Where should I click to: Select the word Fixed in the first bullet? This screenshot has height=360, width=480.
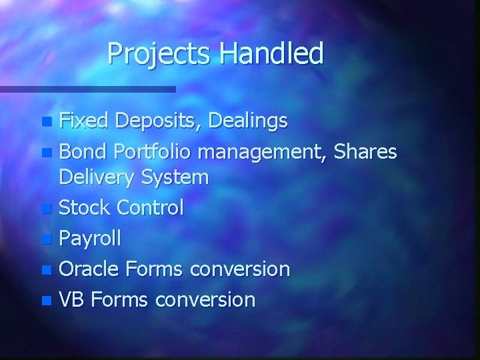(x=84, y=121)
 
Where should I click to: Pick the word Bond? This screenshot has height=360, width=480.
(x=83, y=152)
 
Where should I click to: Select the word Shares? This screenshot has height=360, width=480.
(x=365, y=152)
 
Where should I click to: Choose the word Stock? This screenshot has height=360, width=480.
(x=85, y=208)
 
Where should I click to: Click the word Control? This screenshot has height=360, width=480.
(x=149, y=208)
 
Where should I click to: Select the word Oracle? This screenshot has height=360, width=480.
(x=89, y=269)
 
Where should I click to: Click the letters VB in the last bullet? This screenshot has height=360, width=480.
(x=71, y=299)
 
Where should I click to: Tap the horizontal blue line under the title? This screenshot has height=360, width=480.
(x=87, y=89)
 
